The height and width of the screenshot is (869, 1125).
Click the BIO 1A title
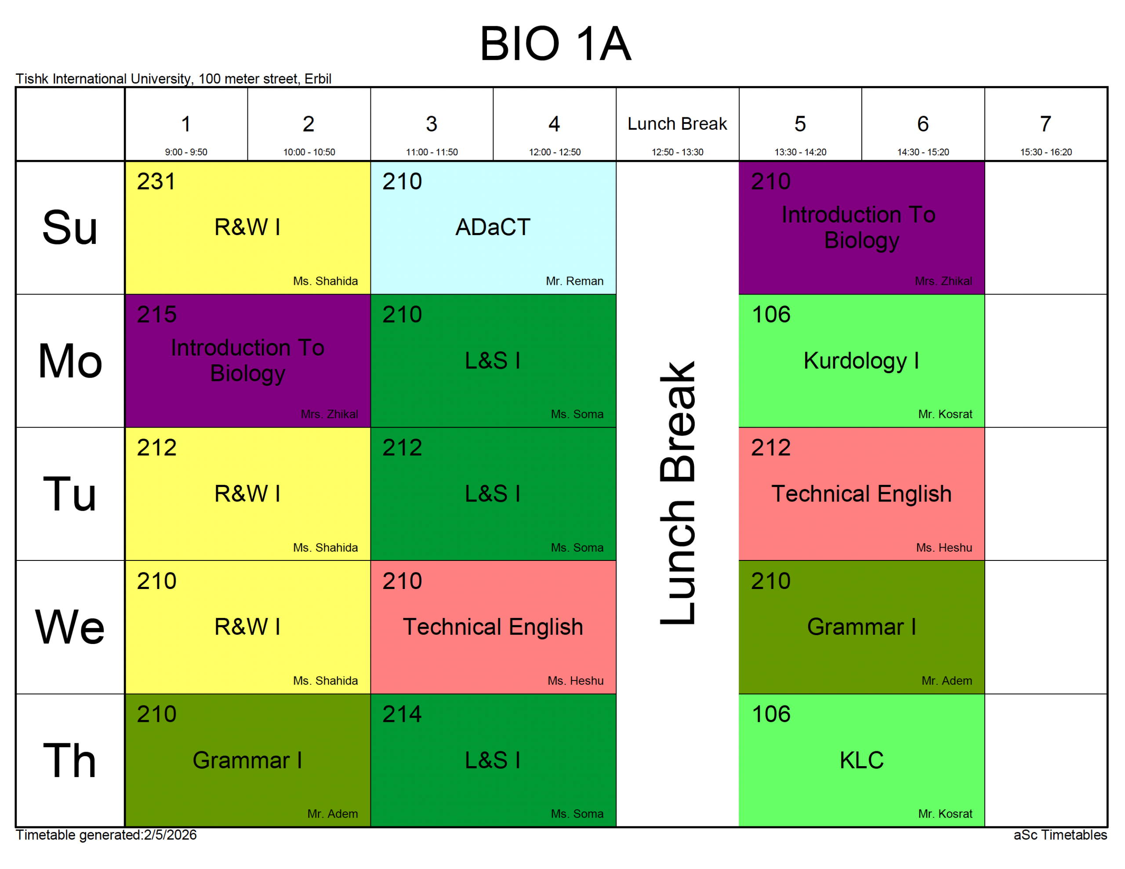[555, 44]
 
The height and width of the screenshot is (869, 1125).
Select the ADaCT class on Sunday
[493, 228]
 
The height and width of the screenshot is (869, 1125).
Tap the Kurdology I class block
[861, 360]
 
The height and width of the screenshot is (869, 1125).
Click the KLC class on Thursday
[861, 760]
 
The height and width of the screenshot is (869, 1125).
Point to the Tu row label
[69, 494]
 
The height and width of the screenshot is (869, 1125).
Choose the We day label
[69, 627]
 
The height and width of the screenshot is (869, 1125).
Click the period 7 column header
[1045, 124]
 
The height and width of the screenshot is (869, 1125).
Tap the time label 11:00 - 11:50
[432, 152]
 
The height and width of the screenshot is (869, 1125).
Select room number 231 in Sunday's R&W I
[156, 182]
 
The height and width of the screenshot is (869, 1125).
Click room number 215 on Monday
[156, 315]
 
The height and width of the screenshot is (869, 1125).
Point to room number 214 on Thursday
[402, 714]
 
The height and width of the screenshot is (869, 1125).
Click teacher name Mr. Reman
[574, 281]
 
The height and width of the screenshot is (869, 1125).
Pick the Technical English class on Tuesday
[861, 494]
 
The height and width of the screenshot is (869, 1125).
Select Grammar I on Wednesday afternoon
[861, 627]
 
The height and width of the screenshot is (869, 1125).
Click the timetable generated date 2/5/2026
[170, 835]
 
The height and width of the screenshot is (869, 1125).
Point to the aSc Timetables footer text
[1060, 835]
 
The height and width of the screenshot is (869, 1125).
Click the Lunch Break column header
[677, 124]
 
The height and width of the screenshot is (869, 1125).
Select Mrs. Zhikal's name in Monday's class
[329, 414]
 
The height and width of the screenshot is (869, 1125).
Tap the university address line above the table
[173, 79]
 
